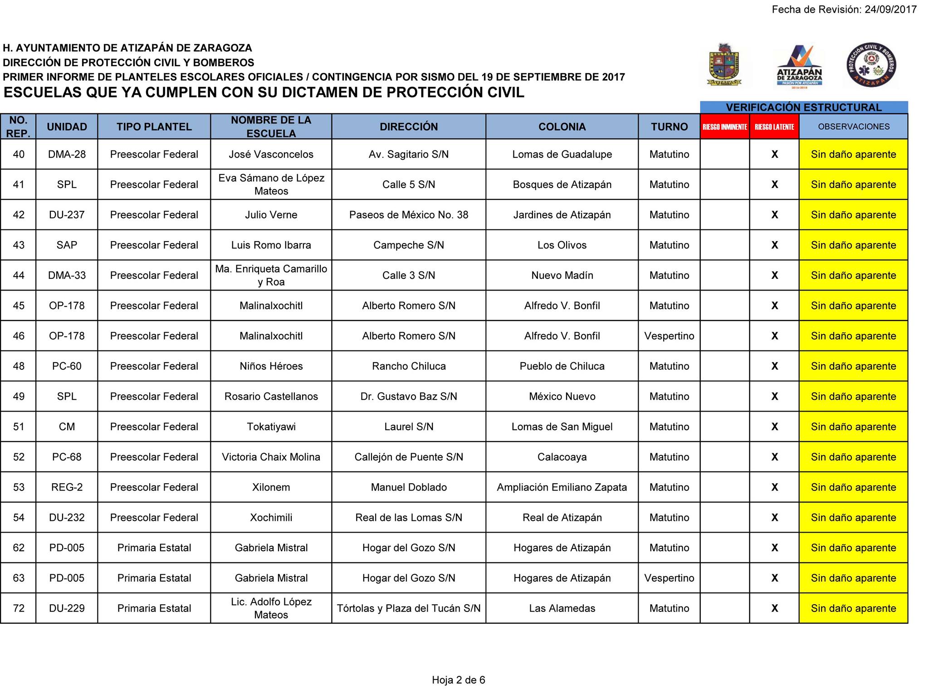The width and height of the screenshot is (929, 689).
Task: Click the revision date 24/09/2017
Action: click(890, 10)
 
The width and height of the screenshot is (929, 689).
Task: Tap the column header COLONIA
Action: click(562, 127)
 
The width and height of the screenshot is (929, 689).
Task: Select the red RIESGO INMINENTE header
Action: click(724, 127)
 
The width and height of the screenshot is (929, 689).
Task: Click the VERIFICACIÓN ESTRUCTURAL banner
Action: click(803, 107)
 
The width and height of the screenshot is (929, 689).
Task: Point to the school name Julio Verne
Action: click(271, 215)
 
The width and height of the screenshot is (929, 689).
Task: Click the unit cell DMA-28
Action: click(67, 155)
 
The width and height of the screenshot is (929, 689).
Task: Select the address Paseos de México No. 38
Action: click(408, 215)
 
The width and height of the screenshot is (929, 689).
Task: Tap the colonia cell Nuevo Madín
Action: click(562, 276)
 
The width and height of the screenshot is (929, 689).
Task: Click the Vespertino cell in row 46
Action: click(669, 336)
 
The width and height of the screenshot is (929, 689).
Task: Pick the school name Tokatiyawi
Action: click(271, 427)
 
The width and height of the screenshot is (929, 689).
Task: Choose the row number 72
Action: click(19, 608)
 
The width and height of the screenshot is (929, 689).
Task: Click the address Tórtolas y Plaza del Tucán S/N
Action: click(408, 608)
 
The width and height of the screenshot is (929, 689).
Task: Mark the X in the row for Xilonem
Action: click(774, 487)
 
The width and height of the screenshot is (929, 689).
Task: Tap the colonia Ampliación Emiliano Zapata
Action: click(562, 487)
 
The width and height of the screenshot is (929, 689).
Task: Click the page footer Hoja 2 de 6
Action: click(458, 680)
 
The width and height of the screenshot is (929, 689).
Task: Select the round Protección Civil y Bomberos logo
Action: click(871, 65)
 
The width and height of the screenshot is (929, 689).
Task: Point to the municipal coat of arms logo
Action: click(724, 65)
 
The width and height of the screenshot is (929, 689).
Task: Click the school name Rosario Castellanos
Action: click(271, 397)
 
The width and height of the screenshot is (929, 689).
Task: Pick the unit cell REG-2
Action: click(67, 487)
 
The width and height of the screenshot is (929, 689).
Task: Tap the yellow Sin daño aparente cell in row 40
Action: click(853, 155)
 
